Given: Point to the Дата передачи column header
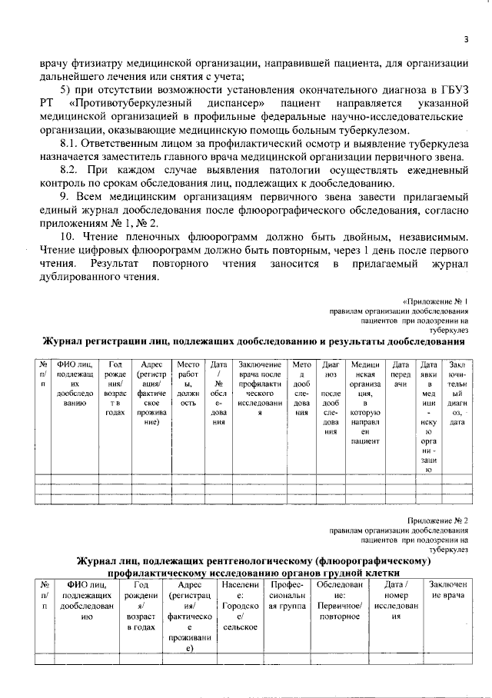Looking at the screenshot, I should (x=400, y=371).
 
